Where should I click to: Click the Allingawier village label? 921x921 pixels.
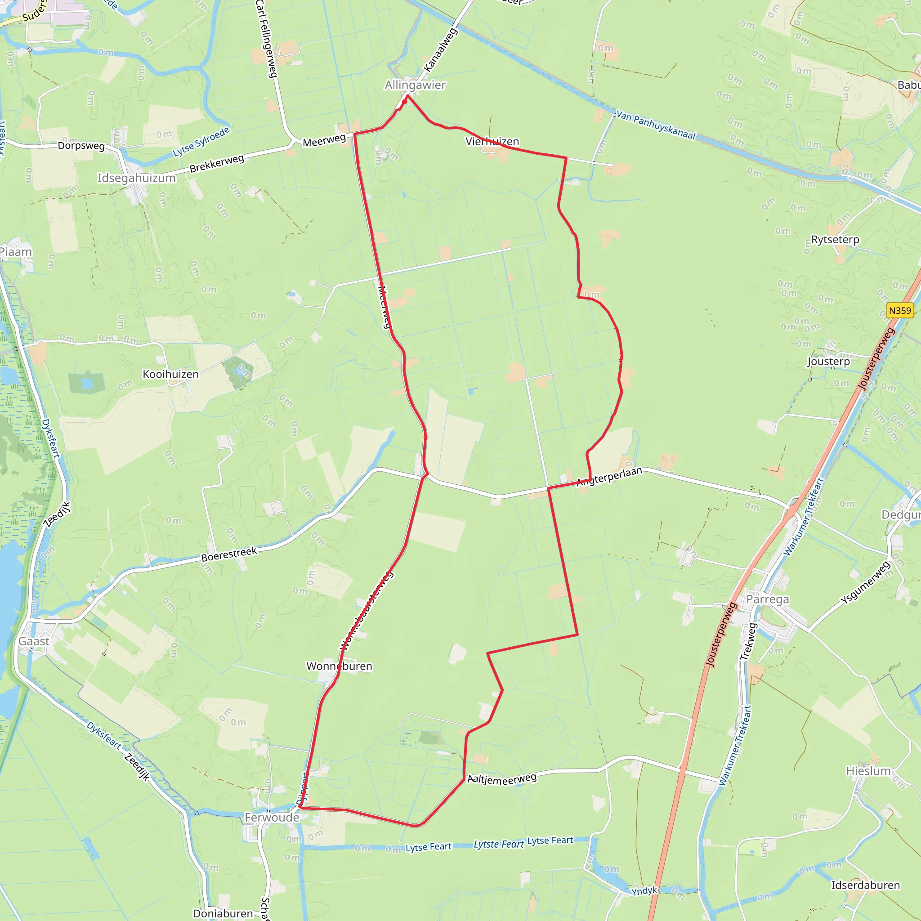415,85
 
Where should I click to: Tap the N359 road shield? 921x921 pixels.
900,310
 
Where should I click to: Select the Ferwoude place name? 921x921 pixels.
272,817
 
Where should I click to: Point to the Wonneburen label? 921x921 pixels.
339,666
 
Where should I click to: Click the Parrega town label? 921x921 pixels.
768,599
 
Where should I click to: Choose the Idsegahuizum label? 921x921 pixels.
137,178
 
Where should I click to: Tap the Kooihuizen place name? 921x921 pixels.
170,374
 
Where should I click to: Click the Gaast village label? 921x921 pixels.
34,641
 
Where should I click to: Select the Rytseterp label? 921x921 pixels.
835,239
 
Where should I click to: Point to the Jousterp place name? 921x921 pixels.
828,362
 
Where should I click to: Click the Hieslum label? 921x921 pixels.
868,771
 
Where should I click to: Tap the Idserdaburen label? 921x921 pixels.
866,885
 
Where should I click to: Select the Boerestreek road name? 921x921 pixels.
229,554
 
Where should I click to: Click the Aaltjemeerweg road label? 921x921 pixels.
502,778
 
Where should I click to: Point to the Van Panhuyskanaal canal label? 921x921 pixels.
656,125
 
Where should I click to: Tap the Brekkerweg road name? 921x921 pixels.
217,164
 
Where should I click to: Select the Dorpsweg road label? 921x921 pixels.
81,145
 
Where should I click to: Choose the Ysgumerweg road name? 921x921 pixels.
865,582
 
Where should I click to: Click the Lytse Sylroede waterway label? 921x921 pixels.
201,142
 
